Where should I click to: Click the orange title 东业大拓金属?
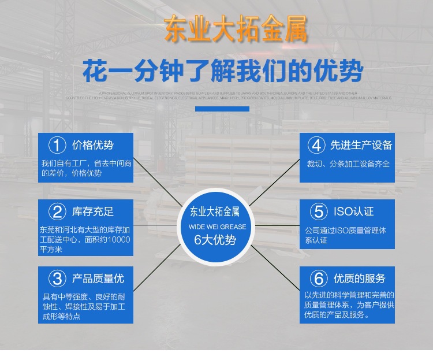pyautogui.click(x=235, y=29)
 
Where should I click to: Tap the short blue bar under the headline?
pyautogui.click(x=222, y=109)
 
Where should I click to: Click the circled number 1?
pyautogui.click(x=57, y=145)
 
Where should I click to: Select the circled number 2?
pyautogui.click(x=57, y=212)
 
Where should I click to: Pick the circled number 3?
pyautogui.click(x=57, y=279)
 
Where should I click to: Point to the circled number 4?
pyautogui.click(x=316, y=145)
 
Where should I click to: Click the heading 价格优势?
pyautogui.click(x=93, y=145)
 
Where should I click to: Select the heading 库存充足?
pyautogui.click(x=93, y=211)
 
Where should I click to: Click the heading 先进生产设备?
pyautogui.click(x=361, y=145)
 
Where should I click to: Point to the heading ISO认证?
pyautogui.click(x=353, y=211)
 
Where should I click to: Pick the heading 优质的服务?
pyautogui.click(x=359, y=279)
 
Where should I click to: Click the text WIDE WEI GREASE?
pyautogui.click(x=216, y=227)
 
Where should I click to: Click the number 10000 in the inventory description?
pyautogui.click(x=118, y=239)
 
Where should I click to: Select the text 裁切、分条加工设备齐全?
pyautogui.click(x=348, y=164)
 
